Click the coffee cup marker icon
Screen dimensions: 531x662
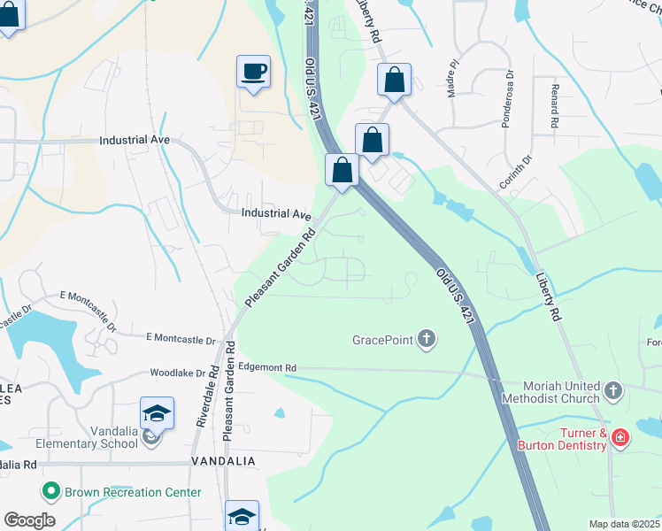pos(253,72)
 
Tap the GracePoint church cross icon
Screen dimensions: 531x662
pos(427,338)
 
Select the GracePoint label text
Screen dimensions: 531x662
pos(382,339)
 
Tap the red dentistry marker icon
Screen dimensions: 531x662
pos(620,436)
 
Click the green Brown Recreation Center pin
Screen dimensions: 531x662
pos(50,491)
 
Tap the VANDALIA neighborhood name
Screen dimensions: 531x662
pos(223,462)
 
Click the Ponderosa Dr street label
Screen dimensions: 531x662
pos(507,99)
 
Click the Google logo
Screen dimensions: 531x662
pos(29,520)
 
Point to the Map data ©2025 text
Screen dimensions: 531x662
pos(623,524)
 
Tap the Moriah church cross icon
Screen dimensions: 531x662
pos(612,390)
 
